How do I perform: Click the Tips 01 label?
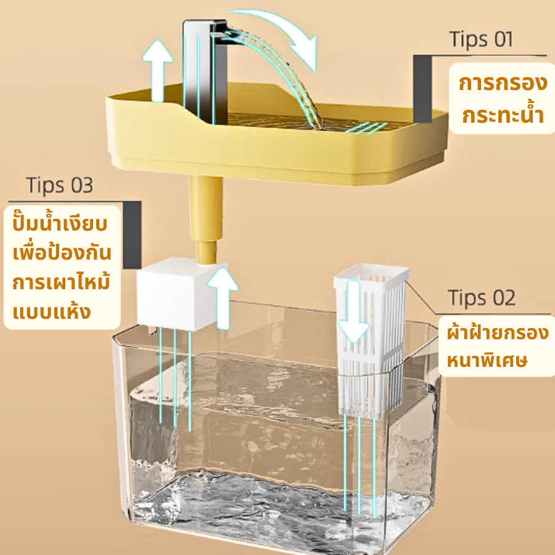point(481,39)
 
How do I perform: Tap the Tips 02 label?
point(482,297)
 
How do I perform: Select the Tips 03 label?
point(60,185)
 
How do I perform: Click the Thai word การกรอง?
point(503,83)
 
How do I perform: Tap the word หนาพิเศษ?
point(487,360)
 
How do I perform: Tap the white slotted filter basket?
point(370,340)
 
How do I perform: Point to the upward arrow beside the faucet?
point(157,71)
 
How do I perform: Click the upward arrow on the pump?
point(223,298)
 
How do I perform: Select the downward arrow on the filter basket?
point(353,311)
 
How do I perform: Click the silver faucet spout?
point(205,71)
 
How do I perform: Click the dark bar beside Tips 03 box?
point(132,235)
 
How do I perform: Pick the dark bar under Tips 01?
point(422,89)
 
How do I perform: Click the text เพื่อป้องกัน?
point(62,252)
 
